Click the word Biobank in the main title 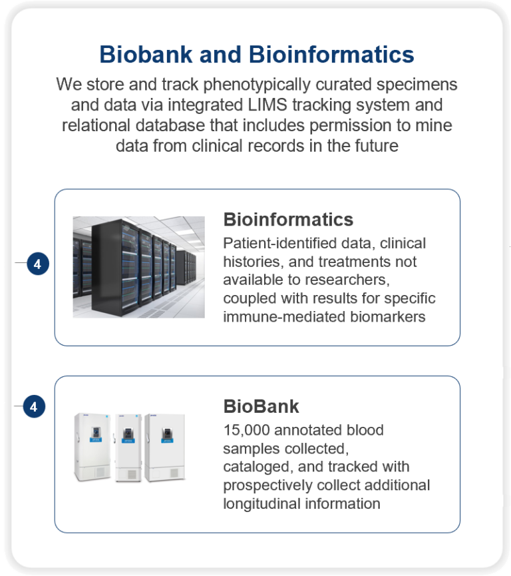[x=146, y=55]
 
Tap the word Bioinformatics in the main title [x=331, y=55]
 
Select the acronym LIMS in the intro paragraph [x=267, y=105]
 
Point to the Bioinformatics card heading [x=288, y=220]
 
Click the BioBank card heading [x=261, y=406]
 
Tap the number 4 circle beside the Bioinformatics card [x=38, y=264]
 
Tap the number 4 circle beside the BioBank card [x=34, y=406]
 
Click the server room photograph [x=139, y=267]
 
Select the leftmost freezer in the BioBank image [x=92, y=447]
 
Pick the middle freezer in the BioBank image [x=128, y=447]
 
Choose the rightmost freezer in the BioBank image [x=165, y=447]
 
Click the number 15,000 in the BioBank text [x=247, y=430]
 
